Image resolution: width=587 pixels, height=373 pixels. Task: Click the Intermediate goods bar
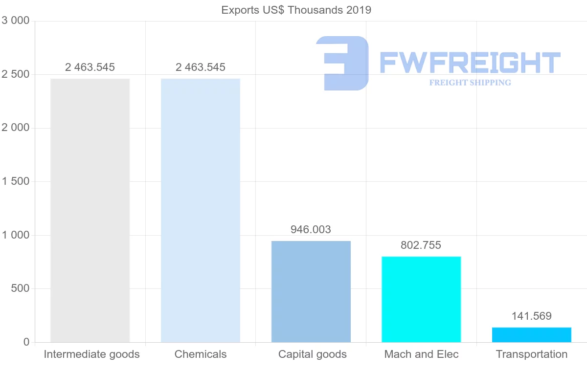coord(90,210)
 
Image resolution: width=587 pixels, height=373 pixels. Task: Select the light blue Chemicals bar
coord(201,210)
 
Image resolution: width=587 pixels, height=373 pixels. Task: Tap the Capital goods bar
coord(311,291)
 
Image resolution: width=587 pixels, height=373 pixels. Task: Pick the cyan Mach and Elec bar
coord(421,299)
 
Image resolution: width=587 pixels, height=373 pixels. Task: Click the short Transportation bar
coord(532,335)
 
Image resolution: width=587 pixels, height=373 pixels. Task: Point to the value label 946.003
coord(311,229)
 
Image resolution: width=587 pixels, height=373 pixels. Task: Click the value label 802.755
coord(421,245)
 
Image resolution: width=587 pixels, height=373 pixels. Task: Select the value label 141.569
coord(531,316)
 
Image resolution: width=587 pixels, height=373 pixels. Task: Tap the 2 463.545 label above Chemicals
coord(201,67)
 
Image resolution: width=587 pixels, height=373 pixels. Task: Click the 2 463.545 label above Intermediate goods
coord(90,67)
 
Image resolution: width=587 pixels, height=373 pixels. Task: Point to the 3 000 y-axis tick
coord(16,21)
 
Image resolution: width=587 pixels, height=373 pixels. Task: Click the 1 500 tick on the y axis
coord(16,181)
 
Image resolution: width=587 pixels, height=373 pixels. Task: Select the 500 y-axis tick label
coord(20,288)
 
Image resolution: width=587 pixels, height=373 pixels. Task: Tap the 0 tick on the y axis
coord(26,342)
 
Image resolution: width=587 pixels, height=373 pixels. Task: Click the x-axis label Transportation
coord(532,354)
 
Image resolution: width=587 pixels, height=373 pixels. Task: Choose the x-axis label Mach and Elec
coord(421,354)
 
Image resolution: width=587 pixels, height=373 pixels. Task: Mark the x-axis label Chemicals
coord(201,354)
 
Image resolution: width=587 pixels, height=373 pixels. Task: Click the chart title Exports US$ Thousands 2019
coord(296,10)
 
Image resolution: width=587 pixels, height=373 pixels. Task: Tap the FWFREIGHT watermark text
coord(470,63)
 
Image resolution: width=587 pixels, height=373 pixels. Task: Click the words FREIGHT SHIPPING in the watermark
coord(470,83)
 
